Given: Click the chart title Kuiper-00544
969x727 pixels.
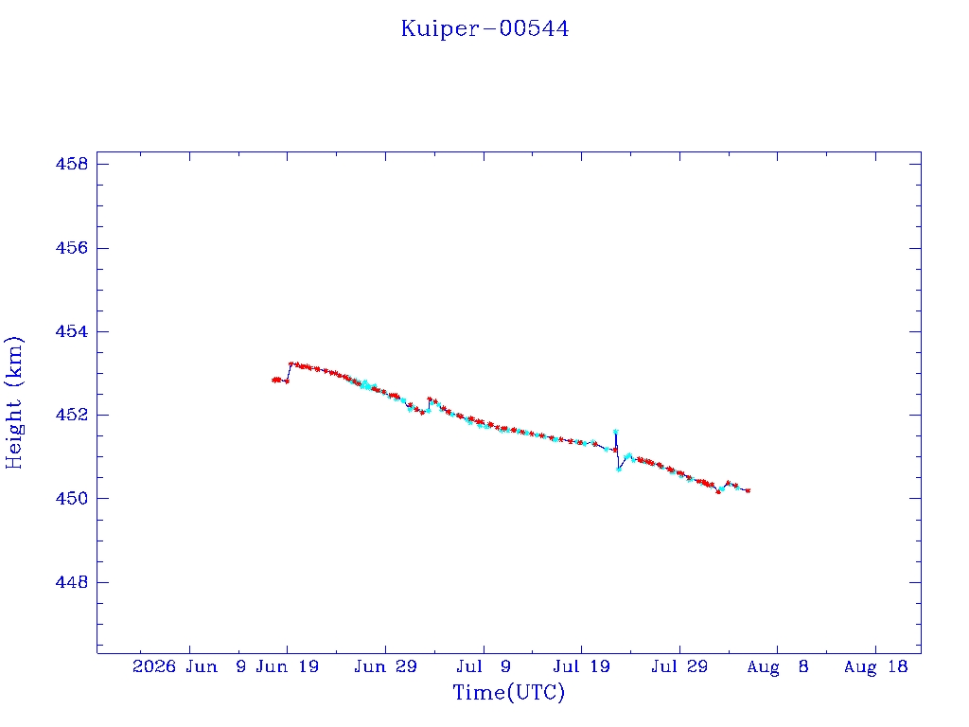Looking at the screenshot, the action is pos(484,28).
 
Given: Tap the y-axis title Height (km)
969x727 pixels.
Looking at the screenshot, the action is pos(14,403).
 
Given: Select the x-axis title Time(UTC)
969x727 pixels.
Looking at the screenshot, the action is pos(508,692).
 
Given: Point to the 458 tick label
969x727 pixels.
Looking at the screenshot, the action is pos(72,164).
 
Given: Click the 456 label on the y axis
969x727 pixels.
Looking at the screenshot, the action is pos(72,248).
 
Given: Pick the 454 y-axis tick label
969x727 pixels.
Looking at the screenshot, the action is pos(72,331).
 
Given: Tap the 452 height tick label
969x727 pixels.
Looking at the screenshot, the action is pos(72,415).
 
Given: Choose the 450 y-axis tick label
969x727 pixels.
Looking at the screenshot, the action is pos(72,498).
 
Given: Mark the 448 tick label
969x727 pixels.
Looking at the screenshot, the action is pos(72,582).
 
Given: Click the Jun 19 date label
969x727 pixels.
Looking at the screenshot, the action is pos(288,666).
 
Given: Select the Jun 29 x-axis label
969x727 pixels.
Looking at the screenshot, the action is pos(386,666).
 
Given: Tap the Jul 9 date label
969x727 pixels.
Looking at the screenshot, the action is pos(484,666).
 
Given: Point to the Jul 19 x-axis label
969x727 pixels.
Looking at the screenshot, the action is pos(582,666).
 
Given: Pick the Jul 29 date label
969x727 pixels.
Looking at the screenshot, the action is pos(679,666).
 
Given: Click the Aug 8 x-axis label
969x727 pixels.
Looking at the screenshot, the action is pos(778,666).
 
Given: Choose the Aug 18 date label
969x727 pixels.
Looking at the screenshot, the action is pos(875,666).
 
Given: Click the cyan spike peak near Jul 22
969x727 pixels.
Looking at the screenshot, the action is pos(615,432).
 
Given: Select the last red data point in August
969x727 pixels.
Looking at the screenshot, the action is pos(749,491).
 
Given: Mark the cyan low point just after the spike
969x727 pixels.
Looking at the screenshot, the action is pos(619,470).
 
